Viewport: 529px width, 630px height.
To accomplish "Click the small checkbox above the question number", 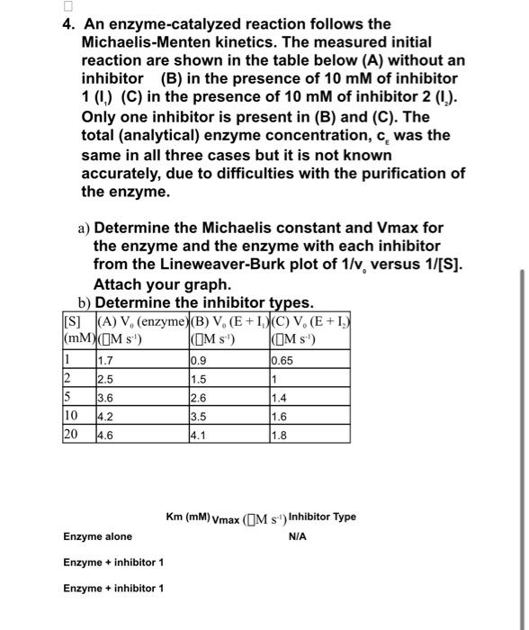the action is click(x=84, y=7).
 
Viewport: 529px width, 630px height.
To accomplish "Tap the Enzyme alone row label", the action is click(x=97, y=536).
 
